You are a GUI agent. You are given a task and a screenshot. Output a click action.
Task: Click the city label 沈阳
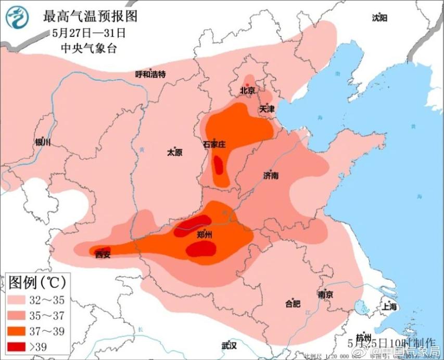tap(379, 18)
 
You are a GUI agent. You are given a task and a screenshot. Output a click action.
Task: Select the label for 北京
tap(247, 90)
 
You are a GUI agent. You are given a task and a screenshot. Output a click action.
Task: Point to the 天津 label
tap(267, 109)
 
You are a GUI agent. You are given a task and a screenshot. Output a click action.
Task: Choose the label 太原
tap(174, 153)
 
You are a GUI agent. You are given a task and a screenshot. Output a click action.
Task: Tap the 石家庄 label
tap(214, 144)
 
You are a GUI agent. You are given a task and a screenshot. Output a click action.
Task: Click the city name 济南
tap(271, 176)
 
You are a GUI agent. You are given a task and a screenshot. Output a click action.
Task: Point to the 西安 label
tap(103, 254)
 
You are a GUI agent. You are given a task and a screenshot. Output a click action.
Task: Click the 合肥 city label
tap(293, 304)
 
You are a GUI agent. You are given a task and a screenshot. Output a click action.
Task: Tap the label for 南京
tap(325, 295)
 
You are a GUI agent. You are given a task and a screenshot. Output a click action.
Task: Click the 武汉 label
tap(229, 345)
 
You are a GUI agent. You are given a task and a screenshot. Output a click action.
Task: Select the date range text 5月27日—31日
tap(90, 33)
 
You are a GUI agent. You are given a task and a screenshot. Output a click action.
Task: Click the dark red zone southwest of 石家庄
tap(219, 166)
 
